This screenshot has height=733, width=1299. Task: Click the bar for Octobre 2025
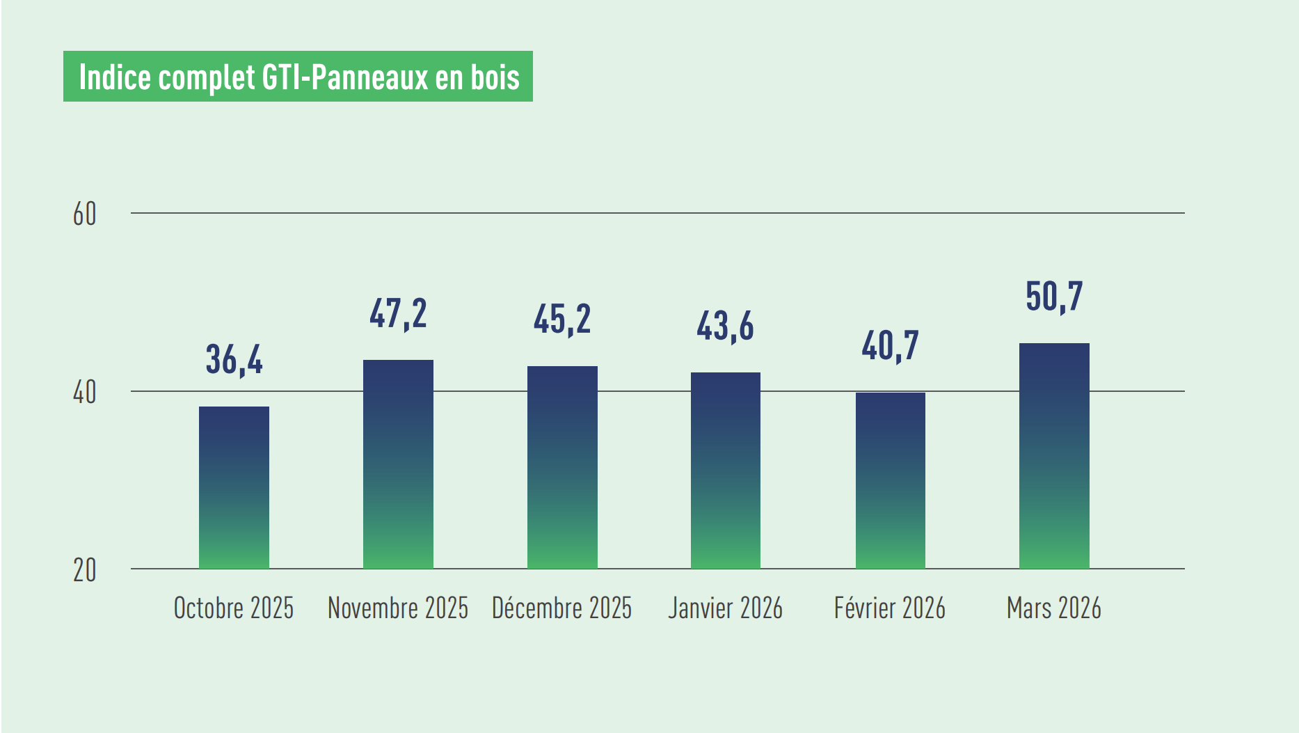(x=234, y=487)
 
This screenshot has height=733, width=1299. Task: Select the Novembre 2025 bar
(x=398, y=464)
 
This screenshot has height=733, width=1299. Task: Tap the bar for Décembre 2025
(x=562, y=467)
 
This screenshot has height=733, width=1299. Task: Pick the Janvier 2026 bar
(x=726, y=471)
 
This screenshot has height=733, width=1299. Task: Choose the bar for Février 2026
(x=890, y=480)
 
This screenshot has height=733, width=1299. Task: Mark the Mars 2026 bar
(x=1054, y=456)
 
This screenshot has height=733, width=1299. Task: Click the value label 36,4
(x=234, y=360)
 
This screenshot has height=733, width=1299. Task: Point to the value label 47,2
(x=398, y=314)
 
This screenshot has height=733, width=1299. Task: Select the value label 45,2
(x=562, y=320)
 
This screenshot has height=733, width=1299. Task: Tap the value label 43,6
(x=726, y=326)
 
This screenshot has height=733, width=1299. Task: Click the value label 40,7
(x=890, y=346)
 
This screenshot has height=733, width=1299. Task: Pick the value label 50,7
(x=1054, y=297)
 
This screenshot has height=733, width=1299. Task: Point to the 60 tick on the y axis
(x=85, y=214)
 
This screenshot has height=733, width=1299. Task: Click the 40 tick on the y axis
(x=85, y=393)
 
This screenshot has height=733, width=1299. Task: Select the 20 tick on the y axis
(x=85, y=571)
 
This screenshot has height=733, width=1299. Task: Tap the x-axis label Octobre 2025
(x=234, y=608)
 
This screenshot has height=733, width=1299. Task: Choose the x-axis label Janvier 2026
(x=726, y=608)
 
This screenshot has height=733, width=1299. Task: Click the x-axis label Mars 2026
(x=1054, y=608)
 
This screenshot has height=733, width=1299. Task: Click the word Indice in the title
(x=115, y=77)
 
